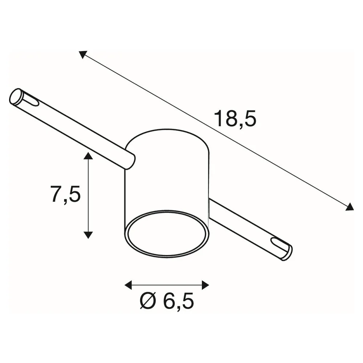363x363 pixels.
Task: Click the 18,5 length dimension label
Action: click(235, 119)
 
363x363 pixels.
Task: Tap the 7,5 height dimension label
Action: click(65, 194)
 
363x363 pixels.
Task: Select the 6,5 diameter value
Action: click(178, 301)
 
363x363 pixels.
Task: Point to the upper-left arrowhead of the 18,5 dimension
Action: click(82, 54)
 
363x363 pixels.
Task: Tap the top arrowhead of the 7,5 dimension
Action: click(88, 156)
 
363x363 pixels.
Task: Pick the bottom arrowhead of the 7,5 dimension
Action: click(88, 235)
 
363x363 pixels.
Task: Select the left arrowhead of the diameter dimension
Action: click(128, 285)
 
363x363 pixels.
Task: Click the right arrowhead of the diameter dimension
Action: click(205, 285)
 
